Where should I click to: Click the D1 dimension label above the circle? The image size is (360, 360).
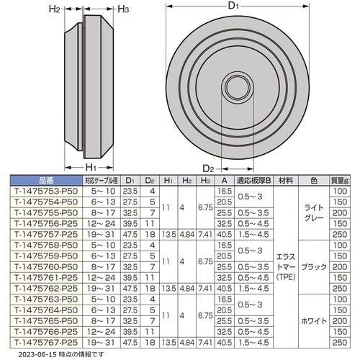coord(233,6)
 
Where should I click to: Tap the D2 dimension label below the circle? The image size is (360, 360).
coord(208,168)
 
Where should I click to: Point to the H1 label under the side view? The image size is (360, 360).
coord(91,167)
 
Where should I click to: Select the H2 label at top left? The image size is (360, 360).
coord(55,9)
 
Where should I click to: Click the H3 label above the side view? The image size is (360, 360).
coord(123,9)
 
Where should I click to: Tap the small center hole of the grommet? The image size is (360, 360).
coord(238,87)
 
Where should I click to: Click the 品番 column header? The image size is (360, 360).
coord(46,181)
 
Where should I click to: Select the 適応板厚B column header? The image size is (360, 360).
coord(253,181)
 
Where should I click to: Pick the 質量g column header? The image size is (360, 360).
coord(340,181)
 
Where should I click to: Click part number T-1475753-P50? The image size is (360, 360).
coord(46,192)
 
